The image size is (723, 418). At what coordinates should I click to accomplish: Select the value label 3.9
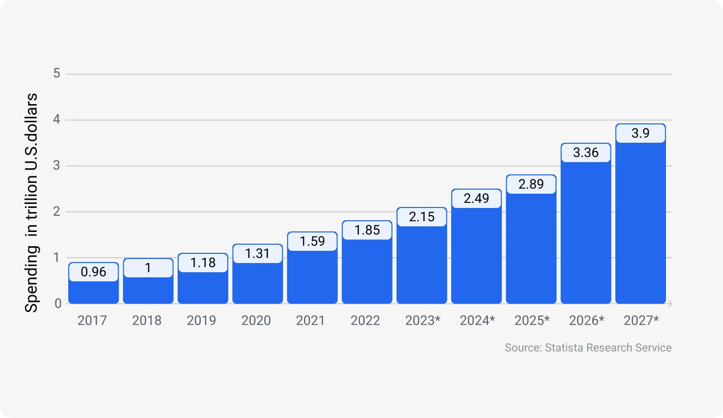(x=640, y=134)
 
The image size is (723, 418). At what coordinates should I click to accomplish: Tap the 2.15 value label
(x=422, y=217)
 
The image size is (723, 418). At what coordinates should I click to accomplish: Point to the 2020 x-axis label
(x=256, y=321)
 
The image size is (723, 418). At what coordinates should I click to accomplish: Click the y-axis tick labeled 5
(x=57, y=74)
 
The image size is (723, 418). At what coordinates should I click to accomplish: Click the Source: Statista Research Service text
(x=588, y=348)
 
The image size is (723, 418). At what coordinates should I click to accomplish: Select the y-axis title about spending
(x=32, y=202)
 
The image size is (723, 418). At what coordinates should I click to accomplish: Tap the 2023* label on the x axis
(x=422, y=321)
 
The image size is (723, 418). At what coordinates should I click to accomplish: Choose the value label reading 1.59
(x=312, y=241)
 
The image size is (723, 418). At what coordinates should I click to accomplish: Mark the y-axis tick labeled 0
(x=58, y=304)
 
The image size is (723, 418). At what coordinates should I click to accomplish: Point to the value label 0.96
(x=93, y=272)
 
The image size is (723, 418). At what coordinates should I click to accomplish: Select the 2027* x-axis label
(x=641, y=321)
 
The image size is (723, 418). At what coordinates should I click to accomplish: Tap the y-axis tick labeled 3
(x=57, y=166)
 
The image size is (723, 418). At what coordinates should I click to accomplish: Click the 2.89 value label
(x=531, y=185)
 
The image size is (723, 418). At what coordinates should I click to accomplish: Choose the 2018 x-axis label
(x=147, y=321)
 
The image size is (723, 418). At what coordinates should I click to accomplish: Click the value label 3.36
(x=586, y=153)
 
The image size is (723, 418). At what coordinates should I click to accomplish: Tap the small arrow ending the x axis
(x=670, y=304)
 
